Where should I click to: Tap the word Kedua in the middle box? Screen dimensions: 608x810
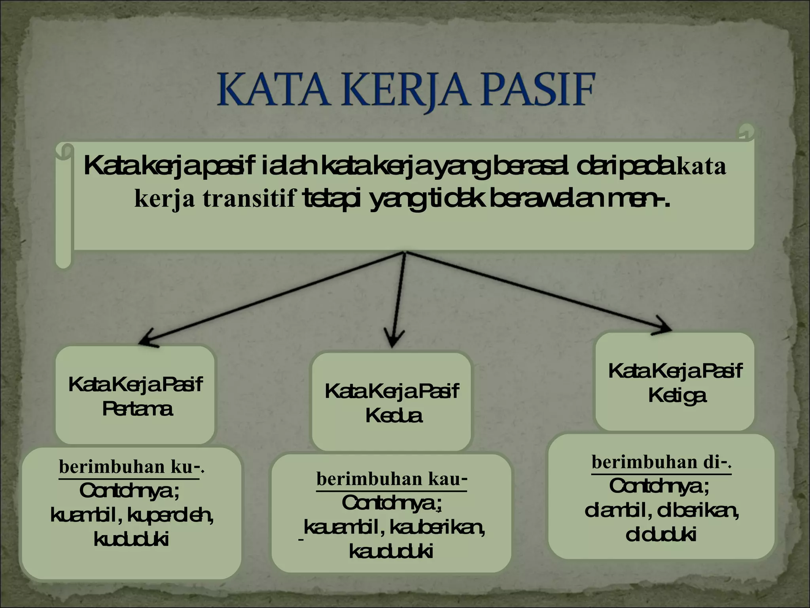point(394,416)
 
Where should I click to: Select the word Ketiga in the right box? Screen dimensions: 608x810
point(677,395)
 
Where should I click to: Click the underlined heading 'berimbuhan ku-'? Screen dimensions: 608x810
point(131,467)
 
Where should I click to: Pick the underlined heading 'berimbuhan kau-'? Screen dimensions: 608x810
point(392,479)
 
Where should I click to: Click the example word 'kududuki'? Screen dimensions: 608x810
point(131,540)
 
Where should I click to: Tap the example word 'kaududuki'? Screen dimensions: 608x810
point(391,551)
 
